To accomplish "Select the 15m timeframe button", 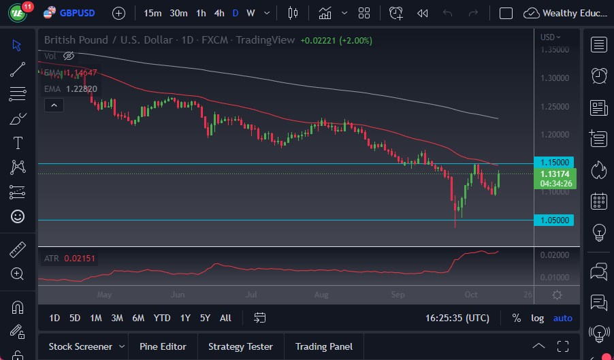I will pyautogui.click(x=153, y=13).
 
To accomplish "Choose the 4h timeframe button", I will pyautogui.click(x=219, y=13).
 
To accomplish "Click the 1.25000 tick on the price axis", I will pyautogui.click(x=555, y=106).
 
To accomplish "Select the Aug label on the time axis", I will pyautogui.click(x=321, y=295).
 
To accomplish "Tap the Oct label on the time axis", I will pyautogui.click(x=470, y=295).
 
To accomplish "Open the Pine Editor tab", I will pyautogui.click(x=163, y=346).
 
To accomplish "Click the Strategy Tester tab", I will pyautogui.click(x=240, y=346).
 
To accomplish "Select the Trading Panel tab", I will pyautogui.click(x=323, y=346).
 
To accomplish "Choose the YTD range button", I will pyautogui.click(x=162, y=318).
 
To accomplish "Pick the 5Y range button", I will pyautogui.click(x=205, y=318).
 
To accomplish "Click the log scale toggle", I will pyautogui.click(x=538, y=318).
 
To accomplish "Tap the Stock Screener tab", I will pyautogui.click(x=80, y=346).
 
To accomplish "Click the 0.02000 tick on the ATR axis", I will pyautogui.click(x=555, y=255).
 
